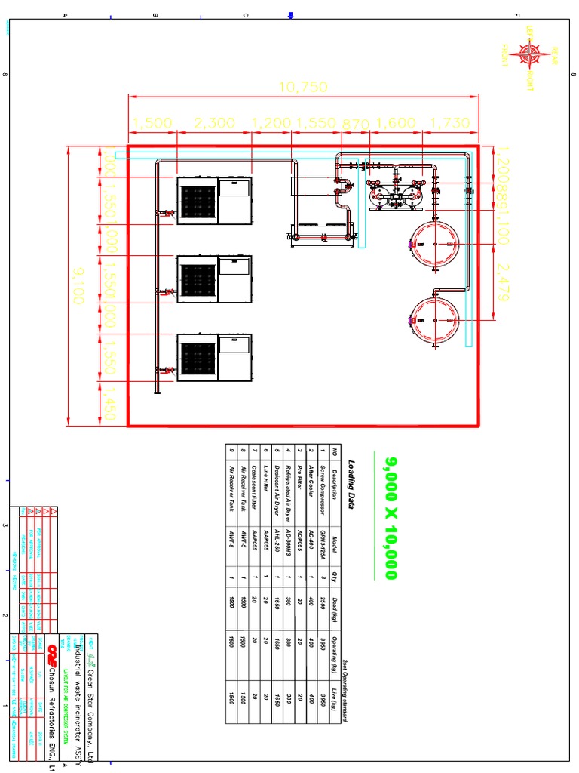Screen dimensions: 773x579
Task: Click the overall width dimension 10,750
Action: [303, 88]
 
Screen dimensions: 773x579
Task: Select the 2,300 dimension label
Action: [213, 123]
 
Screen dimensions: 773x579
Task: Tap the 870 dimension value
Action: [356, 123]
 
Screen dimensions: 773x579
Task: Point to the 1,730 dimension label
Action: [449, 123]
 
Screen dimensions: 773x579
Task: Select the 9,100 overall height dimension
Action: [75, 285]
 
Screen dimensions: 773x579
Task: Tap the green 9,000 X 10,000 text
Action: [391, 518]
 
